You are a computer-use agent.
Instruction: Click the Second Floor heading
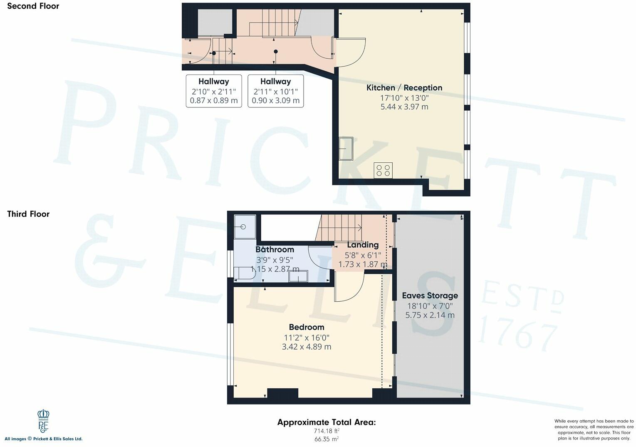pos(33,6)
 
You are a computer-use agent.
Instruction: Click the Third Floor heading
pos(28,214)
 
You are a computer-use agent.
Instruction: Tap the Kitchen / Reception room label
pos(404,88)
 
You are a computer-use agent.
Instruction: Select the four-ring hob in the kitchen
pos(383,170)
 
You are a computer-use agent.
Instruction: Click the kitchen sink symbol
pos(346,149)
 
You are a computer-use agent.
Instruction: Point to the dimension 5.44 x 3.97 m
pos(404,107)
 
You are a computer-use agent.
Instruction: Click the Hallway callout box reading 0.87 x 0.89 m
pos(213,91)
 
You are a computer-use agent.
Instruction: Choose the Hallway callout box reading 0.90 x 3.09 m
pos(275,91)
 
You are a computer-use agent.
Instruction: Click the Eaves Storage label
pos(430,296)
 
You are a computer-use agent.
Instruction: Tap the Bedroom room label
pos(307,327)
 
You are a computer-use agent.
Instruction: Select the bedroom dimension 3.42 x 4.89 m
pos(307,347)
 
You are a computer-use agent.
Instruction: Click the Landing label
pos(363,245)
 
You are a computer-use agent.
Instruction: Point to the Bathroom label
pos(275,249)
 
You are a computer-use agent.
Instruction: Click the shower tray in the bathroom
pos(245,227)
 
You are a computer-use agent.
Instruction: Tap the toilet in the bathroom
pos(244,273)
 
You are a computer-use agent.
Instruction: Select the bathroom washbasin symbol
pos(298,276)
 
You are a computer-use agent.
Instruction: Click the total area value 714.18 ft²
pos(327,431)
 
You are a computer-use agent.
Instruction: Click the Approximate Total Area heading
pos(327,422)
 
